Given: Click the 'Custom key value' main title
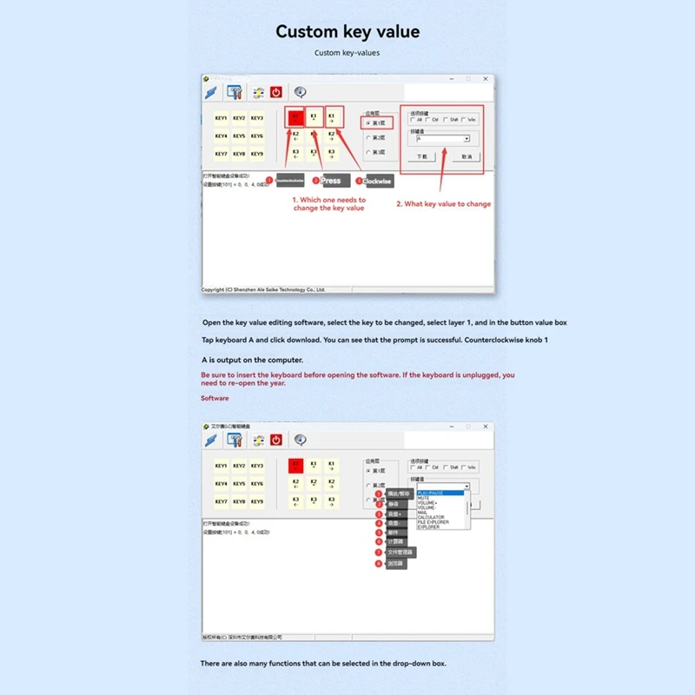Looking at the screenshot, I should tap(347, 32).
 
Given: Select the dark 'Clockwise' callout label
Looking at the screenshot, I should tap(378, 182).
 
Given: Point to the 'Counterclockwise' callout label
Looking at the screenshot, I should tap(289, 181).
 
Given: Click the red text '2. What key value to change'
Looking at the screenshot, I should tap(443, 204).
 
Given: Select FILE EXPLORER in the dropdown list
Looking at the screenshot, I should tap(434, 522).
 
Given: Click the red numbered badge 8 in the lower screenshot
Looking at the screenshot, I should tap(379, 564).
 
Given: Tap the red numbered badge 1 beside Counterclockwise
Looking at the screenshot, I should tap(269, 180).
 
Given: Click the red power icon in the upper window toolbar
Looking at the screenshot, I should tap(276, 92).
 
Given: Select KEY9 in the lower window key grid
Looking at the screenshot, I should tap(257, 501).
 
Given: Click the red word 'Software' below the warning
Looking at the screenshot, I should tap(215, 398).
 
